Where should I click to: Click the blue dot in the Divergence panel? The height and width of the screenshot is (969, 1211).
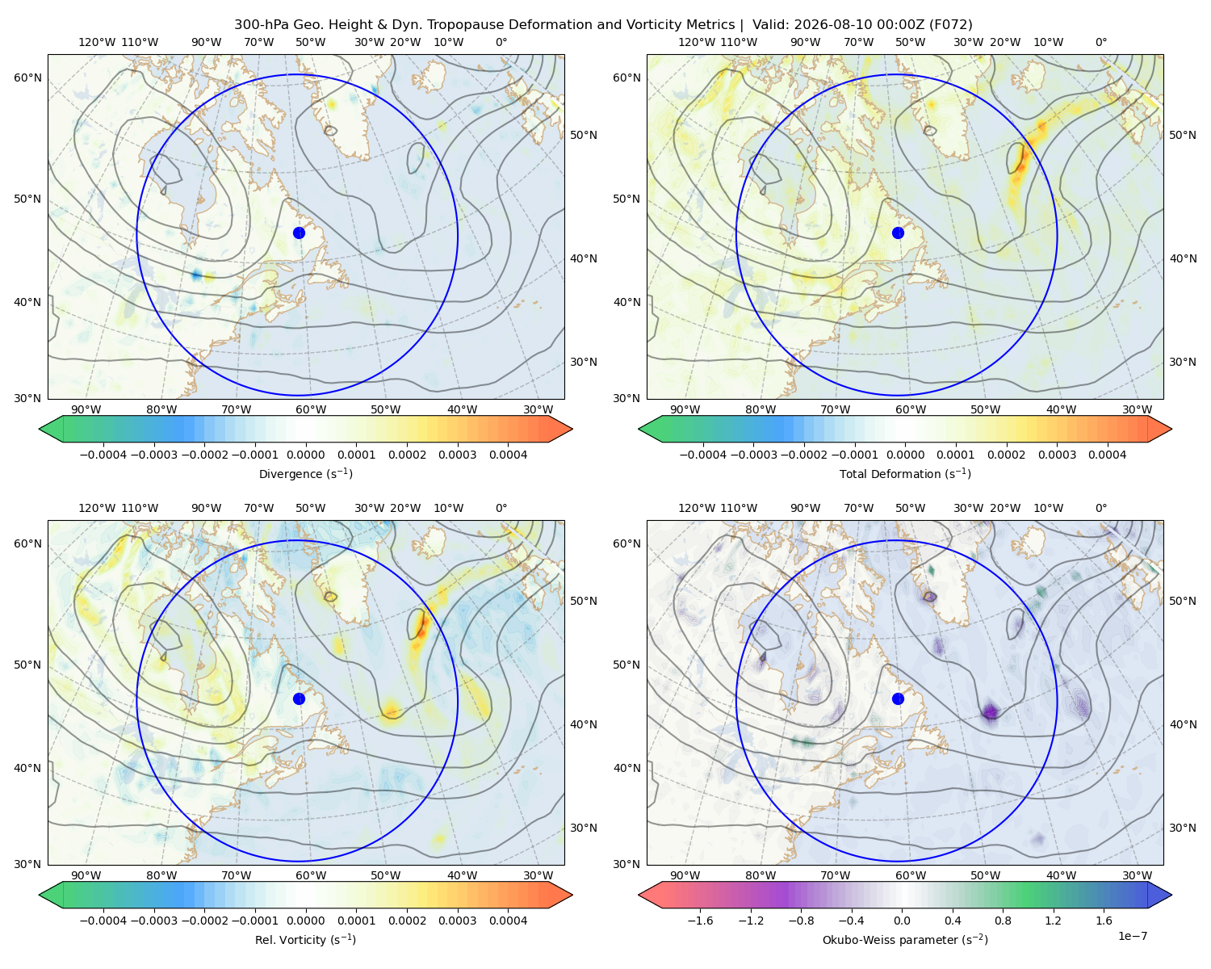coord(299,233)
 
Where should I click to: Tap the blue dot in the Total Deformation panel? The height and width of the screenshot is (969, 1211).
coord(898,233)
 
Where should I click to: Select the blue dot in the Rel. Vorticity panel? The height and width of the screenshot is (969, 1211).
coord(299,698)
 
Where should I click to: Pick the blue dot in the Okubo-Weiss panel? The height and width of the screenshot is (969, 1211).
coord(898,698)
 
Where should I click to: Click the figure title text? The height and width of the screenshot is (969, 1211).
coord(603,24)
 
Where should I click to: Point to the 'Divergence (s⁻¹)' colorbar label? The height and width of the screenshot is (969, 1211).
coord(305,473)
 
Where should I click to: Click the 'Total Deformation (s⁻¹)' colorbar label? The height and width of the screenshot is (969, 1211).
coord(905,473)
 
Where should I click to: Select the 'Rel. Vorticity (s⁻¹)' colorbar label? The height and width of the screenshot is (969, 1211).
coord(305,940)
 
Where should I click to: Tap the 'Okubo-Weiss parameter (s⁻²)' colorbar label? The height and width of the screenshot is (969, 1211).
coord(905,940)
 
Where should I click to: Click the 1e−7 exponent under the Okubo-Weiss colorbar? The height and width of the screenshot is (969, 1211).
coord(1132,936)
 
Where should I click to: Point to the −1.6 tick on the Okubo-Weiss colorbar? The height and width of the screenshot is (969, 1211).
coord(700,921)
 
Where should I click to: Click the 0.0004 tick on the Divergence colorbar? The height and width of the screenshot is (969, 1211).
coord(508,455)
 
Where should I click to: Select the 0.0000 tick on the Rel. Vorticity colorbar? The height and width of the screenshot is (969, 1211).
coord(305,921)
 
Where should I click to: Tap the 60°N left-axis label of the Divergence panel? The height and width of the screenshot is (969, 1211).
coord(27,78)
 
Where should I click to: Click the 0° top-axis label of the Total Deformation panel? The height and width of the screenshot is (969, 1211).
coord(1100,42)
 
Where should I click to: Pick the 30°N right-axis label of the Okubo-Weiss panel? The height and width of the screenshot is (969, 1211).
coord(1183,828)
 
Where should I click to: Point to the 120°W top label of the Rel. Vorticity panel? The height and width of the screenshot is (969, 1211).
coord(97,508)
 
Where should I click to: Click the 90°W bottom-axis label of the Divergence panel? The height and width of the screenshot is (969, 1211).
coord(86,409)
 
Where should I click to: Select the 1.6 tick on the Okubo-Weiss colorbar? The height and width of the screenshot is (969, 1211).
coord(1104,921)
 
